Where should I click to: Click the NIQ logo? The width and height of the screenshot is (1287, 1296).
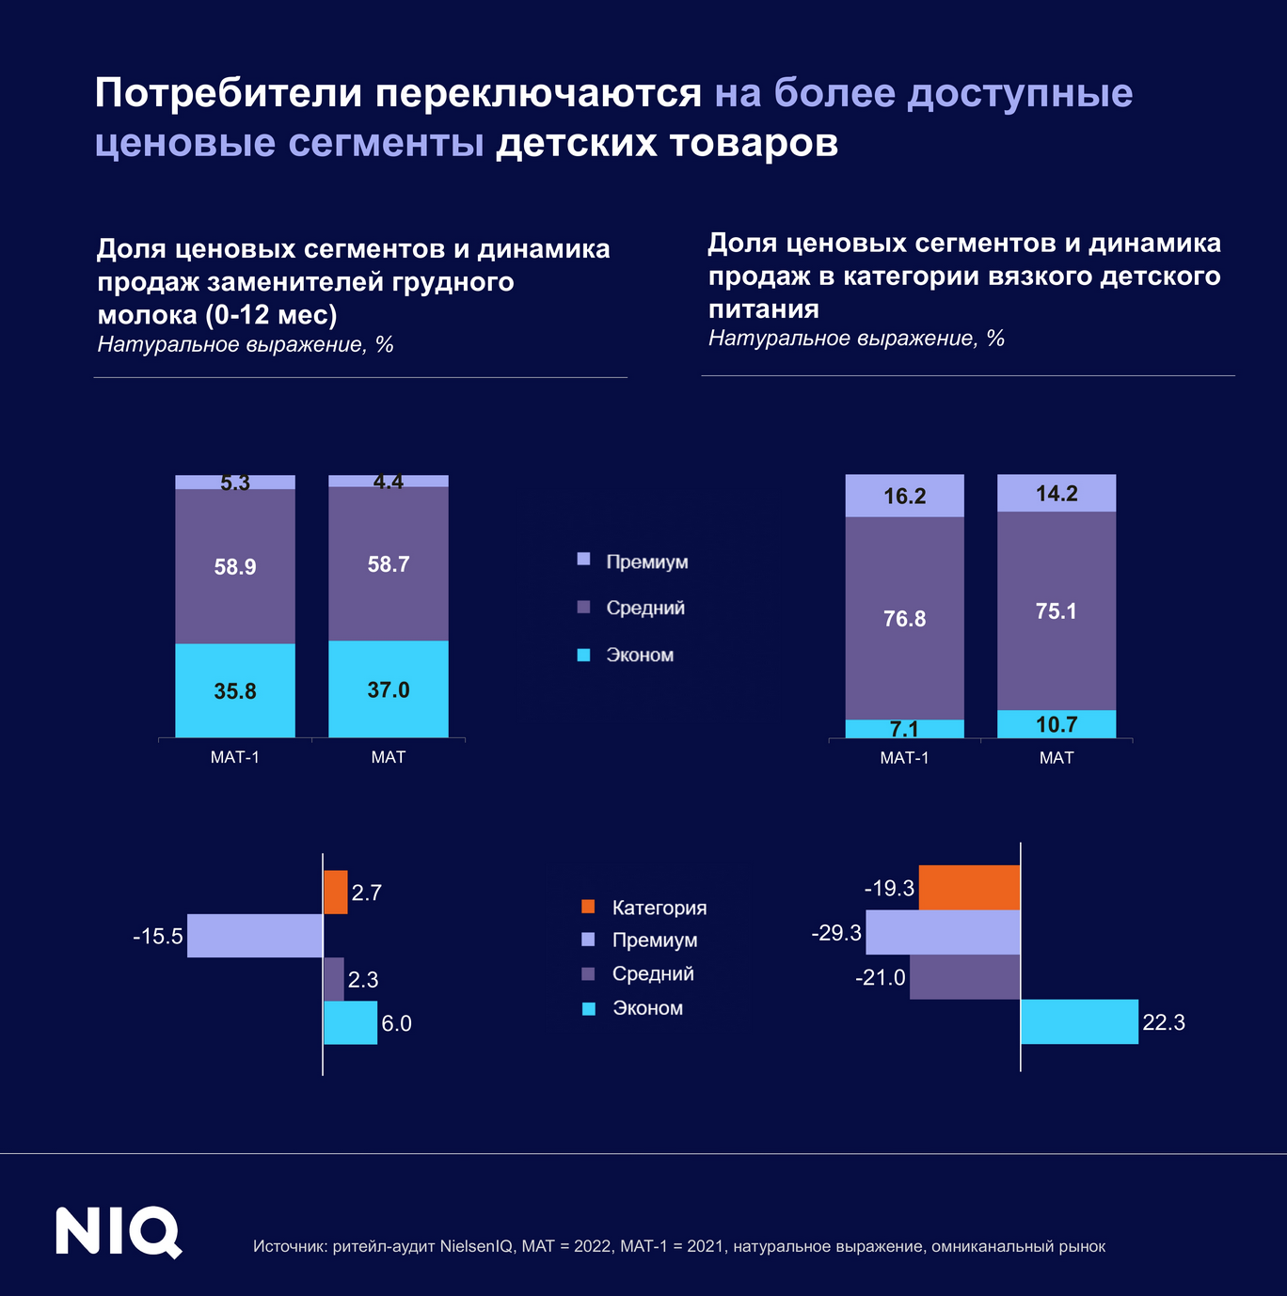click(118, 1231)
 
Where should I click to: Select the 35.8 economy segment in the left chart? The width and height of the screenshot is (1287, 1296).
click(235, 690)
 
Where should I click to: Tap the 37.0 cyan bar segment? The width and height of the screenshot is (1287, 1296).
click(388, 688)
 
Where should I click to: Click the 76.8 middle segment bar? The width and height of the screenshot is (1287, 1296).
click(904, 618)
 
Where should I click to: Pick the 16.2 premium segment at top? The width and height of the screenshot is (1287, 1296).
click(904, 496)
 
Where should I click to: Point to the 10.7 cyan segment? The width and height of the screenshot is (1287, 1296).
click(1056, 724)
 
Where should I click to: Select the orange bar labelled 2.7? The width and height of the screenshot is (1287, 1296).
click(336, 893)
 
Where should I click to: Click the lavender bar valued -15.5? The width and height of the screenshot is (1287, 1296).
click(255, 936)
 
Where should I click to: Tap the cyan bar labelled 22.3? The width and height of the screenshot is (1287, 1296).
click(1079, 1021)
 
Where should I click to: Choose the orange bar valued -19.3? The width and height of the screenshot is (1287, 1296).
click(969, 888)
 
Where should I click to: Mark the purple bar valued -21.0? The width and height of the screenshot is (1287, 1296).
click(964, 977)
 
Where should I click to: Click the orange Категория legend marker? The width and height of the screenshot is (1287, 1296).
click(588, 907)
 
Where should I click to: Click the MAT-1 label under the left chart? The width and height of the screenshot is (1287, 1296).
click(235, 757)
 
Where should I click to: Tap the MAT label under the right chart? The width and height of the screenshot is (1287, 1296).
click(1056, 758)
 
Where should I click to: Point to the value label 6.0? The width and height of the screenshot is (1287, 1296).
click(396, 1023)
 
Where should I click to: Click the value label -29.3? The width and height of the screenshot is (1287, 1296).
click(836, 933)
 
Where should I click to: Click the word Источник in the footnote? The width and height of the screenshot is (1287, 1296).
click(289, 1247)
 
